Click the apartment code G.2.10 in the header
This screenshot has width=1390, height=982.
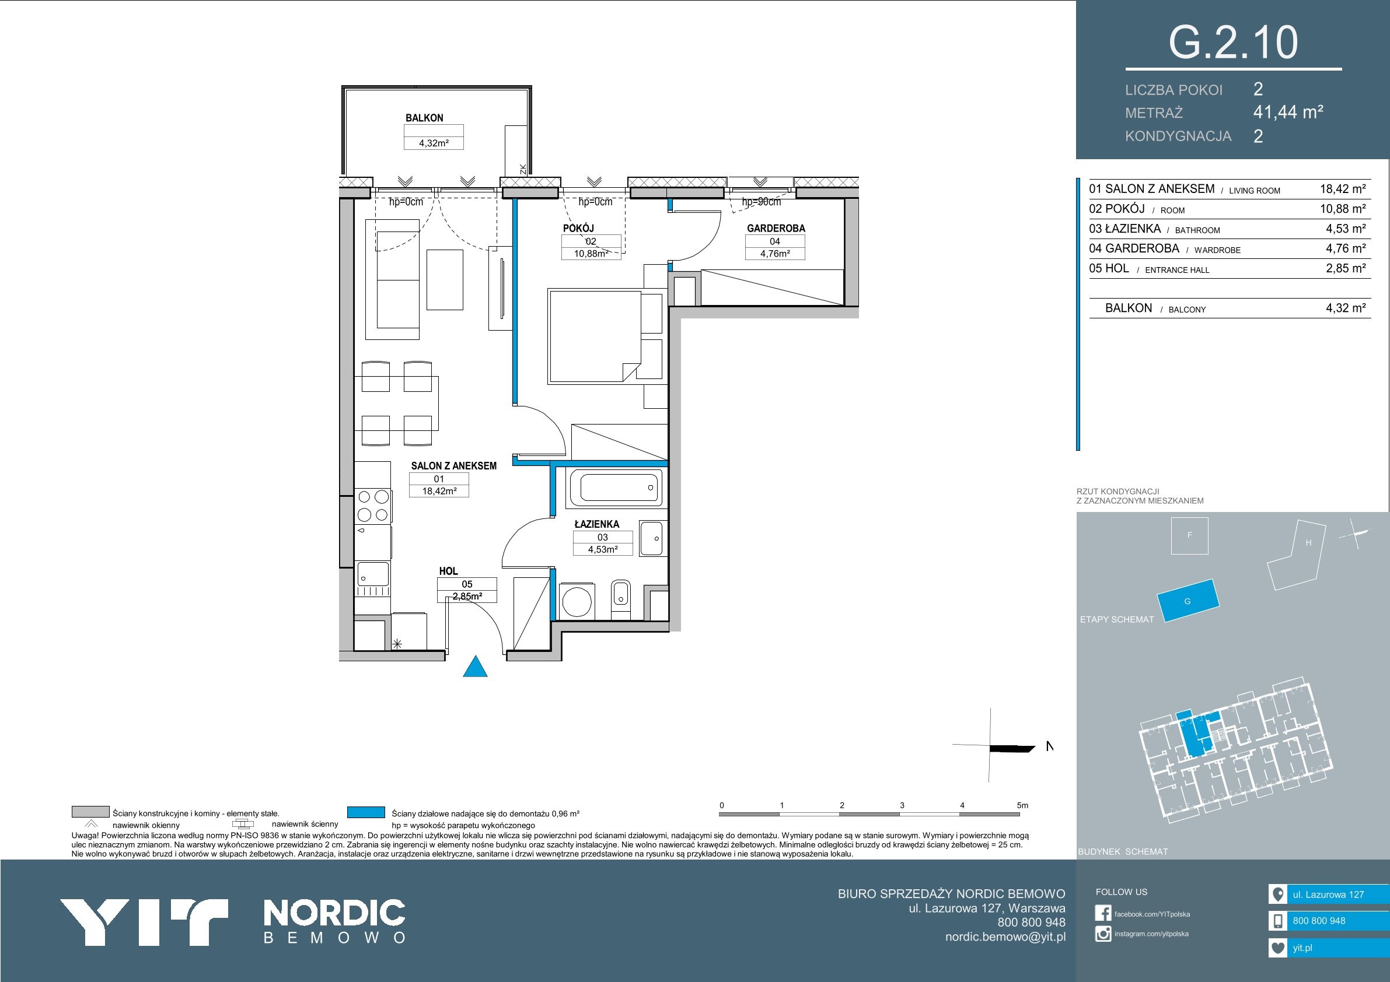1232,43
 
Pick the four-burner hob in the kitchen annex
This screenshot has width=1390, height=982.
373,506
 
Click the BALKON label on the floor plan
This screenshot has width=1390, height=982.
424,118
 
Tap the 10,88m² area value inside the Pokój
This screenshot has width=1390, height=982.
591,254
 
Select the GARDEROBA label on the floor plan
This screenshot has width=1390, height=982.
776,228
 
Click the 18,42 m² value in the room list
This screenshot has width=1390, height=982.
1343,189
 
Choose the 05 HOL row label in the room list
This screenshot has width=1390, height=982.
1109,268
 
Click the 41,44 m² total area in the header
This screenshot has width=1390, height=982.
1288,112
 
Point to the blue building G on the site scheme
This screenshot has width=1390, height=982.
1188,600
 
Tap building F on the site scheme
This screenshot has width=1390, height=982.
1190,535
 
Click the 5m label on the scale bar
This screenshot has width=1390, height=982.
1022,805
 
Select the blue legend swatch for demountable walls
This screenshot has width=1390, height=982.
366,812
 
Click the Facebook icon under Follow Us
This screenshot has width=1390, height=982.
1103,913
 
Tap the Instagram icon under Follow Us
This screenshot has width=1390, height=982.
1103,934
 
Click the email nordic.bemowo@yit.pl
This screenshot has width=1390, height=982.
1005,937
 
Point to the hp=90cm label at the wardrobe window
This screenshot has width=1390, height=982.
762,202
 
